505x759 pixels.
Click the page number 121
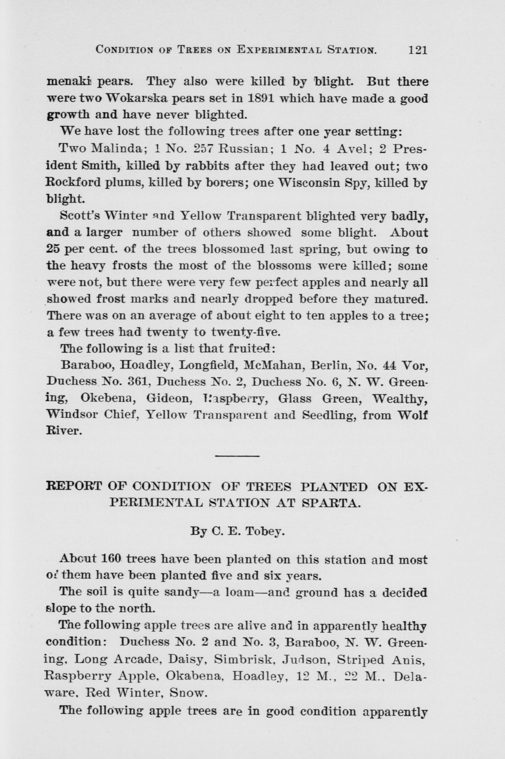[x=417, y=50]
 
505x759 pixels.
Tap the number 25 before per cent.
[x=52, y=249]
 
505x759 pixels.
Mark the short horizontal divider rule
[x=237, y=456]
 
